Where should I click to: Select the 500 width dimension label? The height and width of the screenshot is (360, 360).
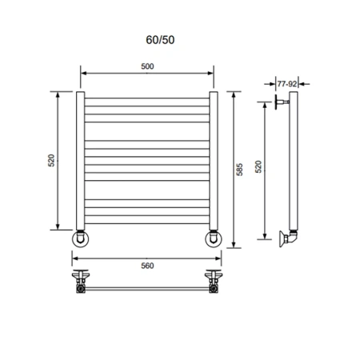click(x=147, y=66)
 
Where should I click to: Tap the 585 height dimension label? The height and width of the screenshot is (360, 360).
click(x=240, y=171)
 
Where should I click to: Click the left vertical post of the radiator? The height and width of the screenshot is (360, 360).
click(x=81, y=160)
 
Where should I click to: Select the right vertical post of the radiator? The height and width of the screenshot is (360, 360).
click(x=214, y=160)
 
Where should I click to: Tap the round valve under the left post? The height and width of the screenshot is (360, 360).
click(x=82, y=238)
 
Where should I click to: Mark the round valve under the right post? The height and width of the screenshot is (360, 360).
click(x=215, y=238)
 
